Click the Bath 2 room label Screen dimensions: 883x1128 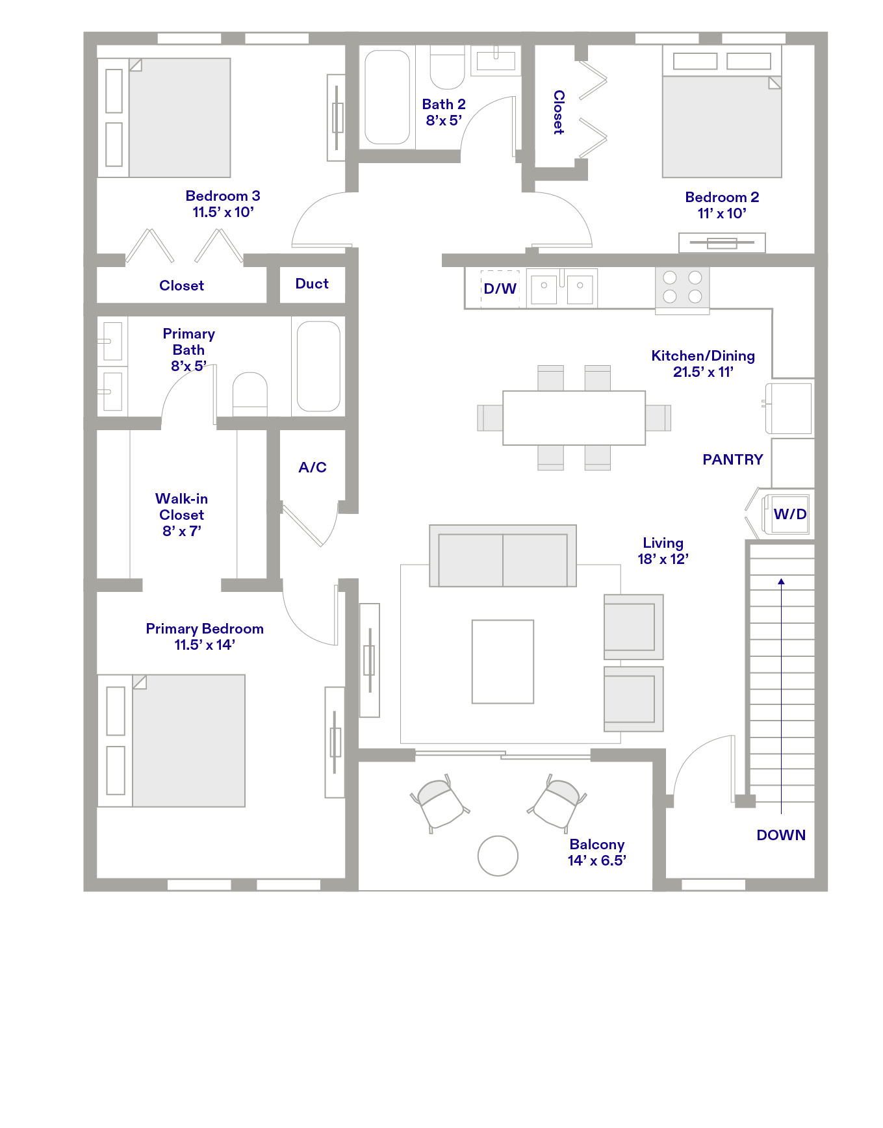point(444,105)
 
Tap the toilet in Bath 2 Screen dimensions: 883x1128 point(447,67)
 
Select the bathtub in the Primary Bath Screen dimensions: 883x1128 point(318,366)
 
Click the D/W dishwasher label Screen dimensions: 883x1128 point(500,288)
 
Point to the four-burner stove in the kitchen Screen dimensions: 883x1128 point(682,287)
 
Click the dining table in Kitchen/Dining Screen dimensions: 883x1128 point(574,418)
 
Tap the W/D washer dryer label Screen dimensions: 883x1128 point(790,514)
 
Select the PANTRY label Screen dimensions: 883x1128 point(733,459)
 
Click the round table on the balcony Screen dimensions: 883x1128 point(498,856)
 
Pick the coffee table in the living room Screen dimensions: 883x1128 point(503,661)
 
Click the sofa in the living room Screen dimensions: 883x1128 point(503,556)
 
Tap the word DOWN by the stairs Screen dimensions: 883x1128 point(781,835)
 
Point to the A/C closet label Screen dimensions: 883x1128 point(313,467)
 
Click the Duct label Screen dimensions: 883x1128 point(312,283)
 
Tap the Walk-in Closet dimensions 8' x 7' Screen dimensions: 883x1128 point(182,531)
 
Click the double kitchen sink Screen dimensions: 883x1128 point(562,287)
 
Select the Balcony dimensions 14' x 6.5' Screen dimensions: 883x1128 point(597,860)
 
